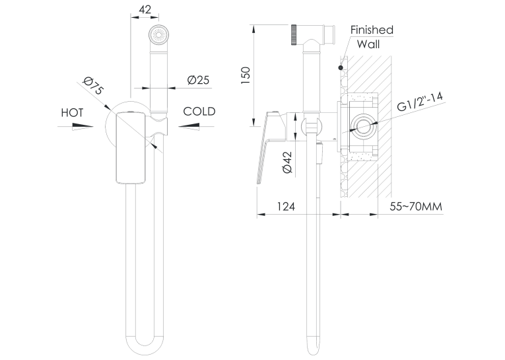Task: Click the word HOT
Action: click(x=72, y=113)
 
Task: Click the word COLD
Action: click(x=199, y=112)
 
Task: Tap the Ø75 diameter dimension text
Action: click(x=93, y=86)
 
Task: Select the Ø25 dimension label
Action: click(x=199, y=80)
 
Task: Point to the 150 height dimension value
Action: click(x=246, y=75)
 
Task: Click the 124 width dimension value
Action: click(x=286, y=206)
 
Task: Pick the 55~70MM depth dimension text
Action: click(x=416, y=206)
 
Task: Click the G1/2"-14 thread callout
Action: click(x=420, y=102)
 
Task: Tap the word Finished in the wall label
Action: click(x=372, y=30)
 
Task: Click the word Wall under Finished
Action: click(x=368, y=44)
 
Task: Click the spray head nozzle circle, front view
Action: click(x=158, y=34)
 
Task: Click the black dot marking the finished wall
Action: click(x=341, y=67)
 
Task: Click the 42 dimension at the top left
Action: click(x=145, y=10)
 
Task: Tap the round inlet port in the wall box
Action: click(x=363, y=126)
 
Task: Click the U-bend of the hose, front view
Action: click(x=145, y=344)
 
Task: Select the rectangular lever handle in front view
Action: click(x=131, y=147)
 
